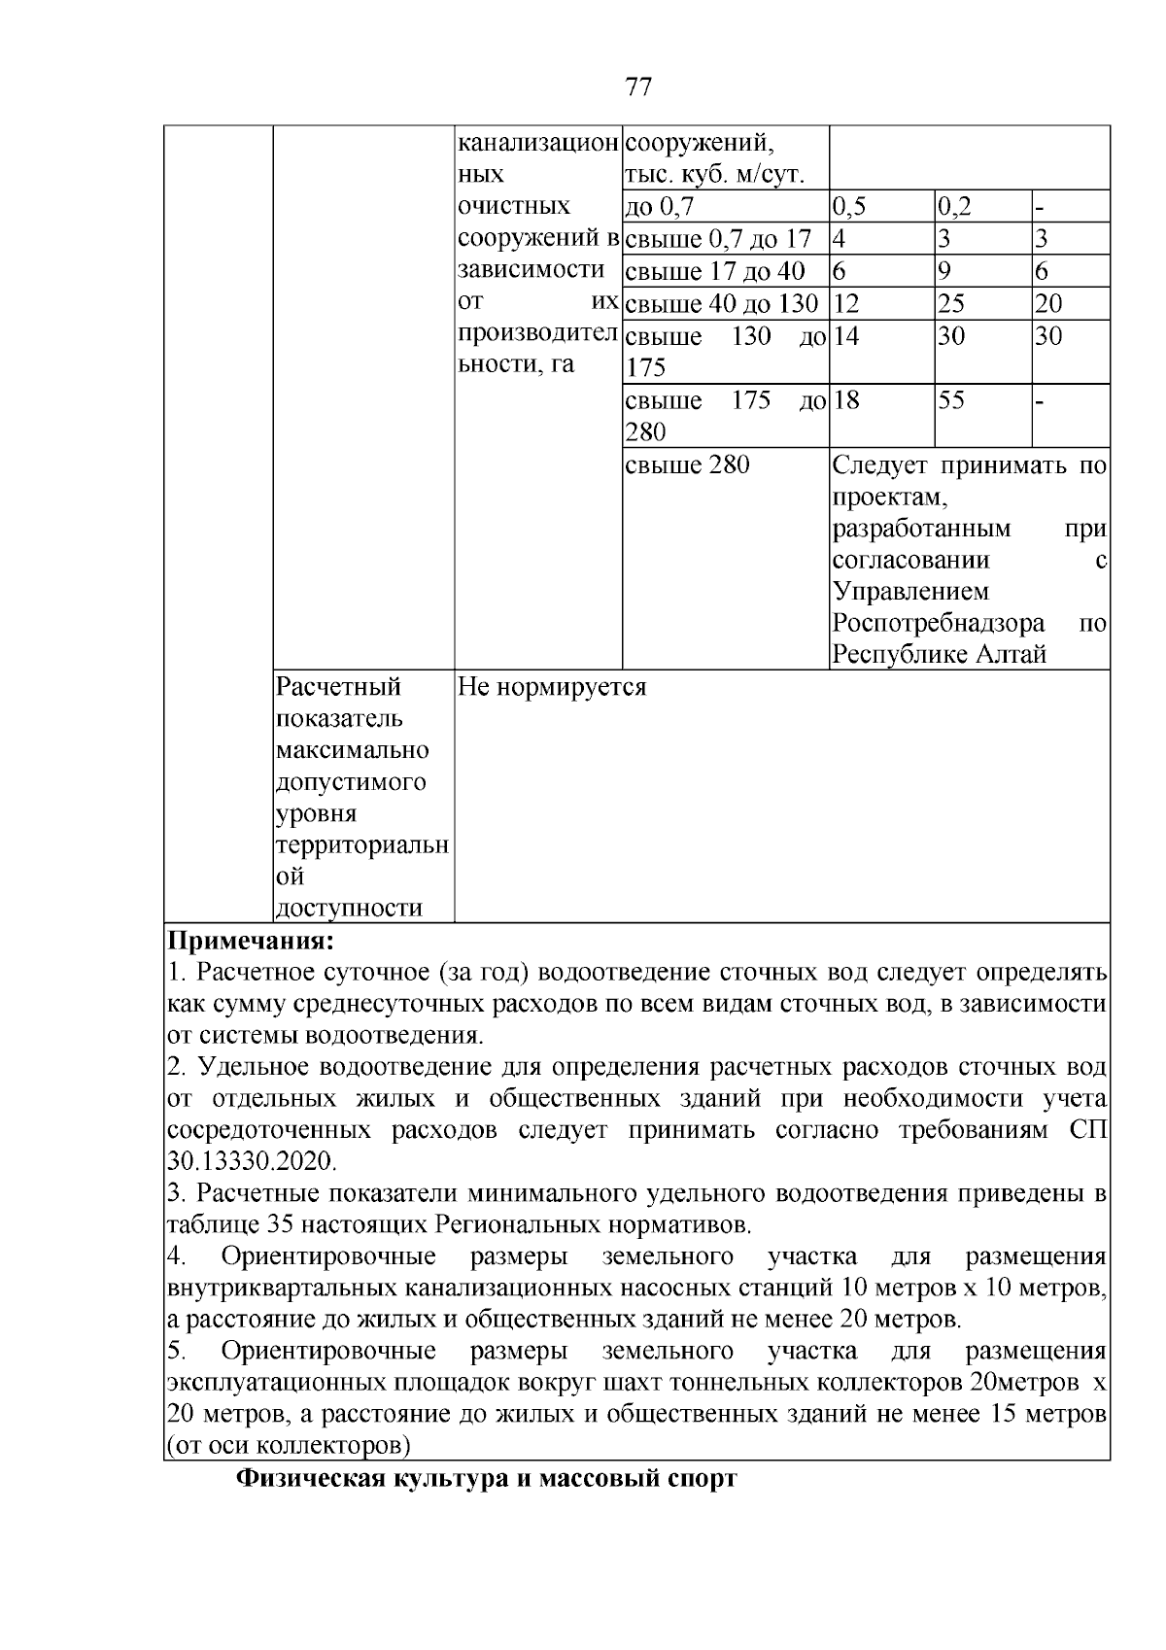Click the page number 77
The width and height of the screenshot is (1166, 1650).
637,87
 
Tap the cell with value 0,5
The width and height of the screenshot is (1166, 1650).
850,206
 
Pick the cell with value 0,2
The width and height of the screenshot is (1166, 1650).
955,206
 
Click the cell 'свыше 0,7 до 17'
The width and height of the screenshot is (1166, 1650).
717,239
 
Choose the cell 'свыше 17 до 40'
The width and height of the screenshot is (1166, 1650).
714,271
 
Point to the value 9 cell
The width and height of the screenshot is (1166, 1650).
944,271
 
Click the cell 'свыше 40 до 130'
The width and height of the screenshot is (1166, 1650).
721,303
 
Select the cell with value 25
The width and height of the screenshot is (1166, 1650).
951,303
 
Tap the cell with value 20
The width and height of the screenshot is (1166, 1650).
1048,303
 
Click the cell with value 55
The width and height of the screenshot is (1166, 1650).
951,400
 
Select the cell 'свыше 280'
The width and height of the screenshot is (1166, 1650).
687,465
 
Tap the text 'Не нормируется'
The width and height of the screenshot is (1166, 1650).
552,687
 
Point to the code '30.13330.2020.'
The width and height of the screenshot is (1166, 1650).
252,1161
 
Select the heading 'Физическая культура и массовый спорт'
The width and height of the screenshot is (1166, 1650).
487,1479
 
